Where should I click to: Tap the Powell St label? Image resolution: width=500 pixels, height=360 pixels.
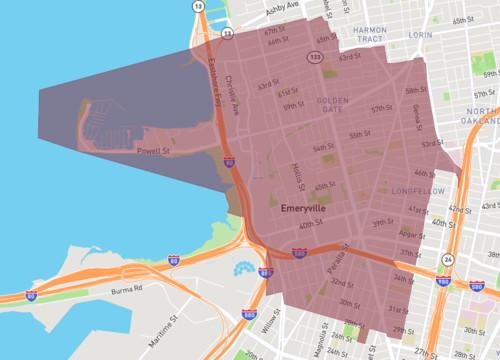153,152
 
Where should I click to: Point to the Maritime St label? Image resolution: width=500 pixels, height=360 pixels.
164,320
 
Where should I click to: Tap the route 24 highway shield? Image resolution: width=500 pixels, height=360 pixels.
448,259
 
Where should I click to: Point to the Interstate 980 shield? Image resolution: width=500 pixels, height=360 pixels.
442,281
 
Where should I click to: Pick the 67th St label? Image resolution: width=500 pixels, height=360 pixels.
274,32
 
